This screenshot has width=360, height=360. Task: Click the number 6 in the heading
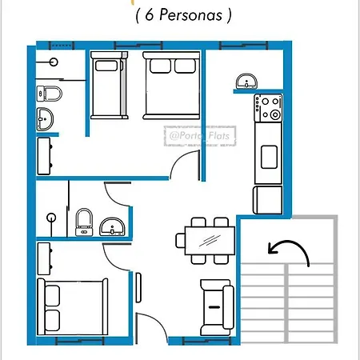pos(150,14)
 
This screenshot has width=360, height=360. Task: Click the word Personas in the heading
pos(190,15)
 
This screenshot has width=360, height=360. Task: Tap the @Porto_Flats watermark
pos(199,136)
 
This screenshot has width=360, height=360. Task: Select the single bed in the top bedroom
pos(109,85)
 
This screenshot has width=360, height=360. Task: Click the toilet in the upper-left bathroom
pos(49,94)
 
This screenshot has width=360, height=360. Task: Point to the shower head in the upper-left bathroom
pos(54,62)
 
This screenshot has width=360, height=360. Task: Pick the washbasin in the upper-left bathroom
pos(45,119)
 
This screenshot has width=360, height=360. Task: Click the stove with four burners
pos(268,108)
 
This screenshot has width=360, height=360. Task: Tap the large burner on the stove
pos(275,115)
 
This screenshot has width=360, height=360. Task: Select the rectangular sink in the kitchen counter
pos(269,157)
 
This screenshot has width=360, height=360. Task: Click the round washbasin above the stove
pos(246,82)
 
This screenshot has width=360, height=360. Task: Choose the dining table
pos(210,241)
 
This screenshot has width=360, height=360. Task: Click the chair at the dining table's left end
pos(180,241)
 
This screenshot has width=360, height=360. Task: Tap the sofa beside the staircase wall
pos(218,307)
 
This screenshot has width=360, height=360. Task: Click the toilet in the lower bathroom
pos(84,222)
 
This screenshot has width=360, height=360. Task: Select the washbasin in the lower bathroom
pos(112,227)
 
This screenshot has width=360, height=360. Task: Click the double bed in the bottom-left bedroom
pos(73,306)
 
